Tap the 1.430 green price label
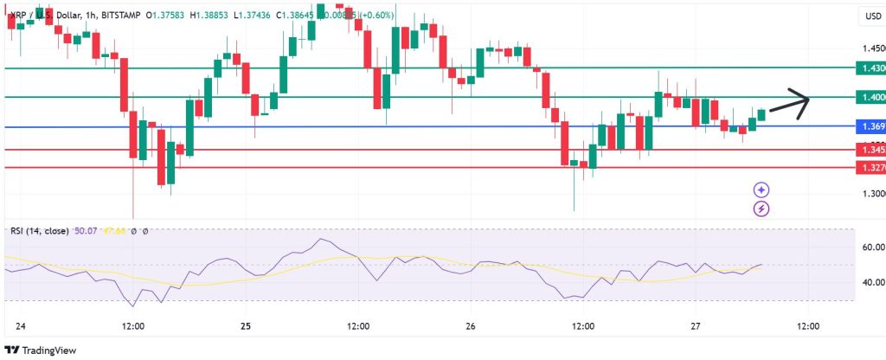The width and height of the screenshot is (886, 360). [868, 67]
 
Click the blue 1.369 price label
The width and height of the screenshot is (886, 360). [868, 127]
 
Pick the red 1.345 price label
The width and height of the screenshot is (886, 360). [868, 150]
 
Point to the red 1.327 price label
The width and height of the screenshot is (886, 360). [868, 167]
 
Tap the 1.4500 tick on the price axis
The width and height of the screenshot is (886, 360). [868, 48]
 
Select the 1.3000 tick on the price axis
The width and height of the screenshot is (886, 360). [868, 194]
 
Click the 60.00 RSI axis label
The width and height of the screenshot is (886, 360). [868, 247]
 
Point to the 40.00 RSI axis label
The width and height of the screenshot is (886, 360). [868, 282]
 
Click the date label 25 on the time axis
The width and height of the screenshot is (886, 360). [246, 326]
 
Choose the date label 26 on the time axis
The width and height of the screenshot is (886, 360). [471, 326]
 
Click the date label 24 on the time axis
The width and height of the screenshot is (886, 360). [21, 326]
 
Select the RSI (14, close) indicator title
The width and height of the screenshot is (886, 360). [42, 230]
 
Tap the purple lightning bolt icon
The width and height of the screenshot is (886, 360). [761, 208]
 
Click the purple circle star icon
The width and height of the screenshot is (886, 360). [761, 190]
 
